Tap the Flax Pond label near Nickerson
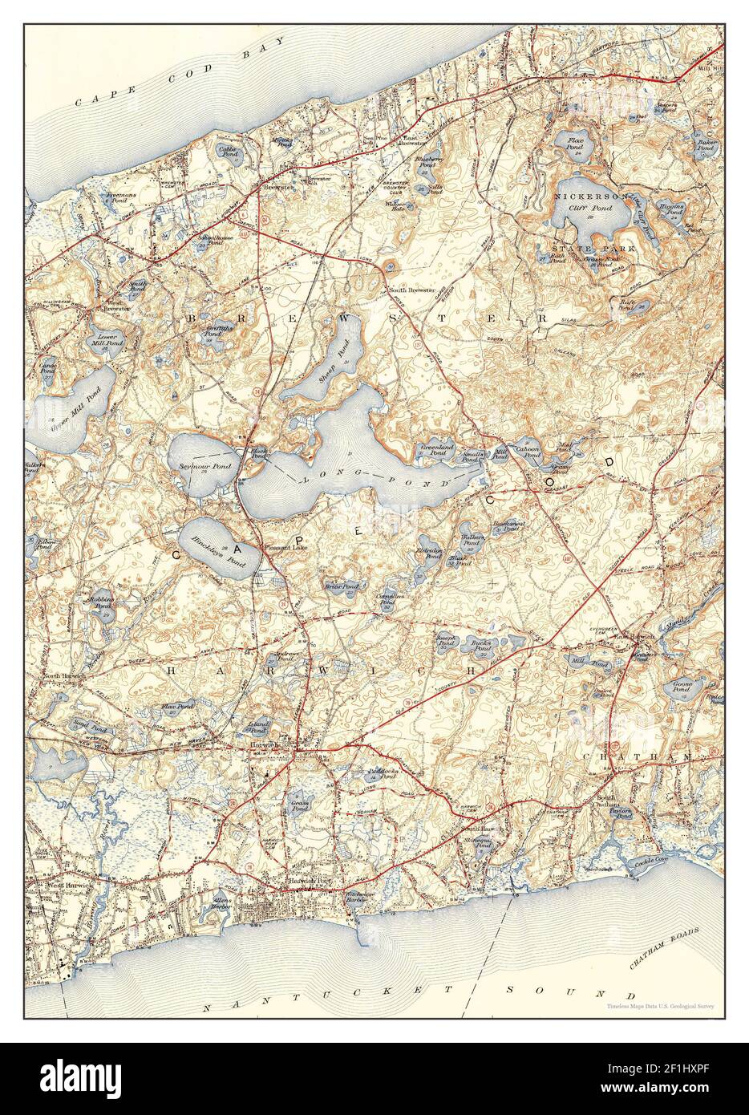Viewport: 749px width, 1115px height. coord(576,144)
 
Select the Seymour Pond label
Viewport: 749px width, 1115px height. coord(194,466)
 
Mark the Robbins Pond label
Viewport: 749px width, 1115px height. coord(102,602)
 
